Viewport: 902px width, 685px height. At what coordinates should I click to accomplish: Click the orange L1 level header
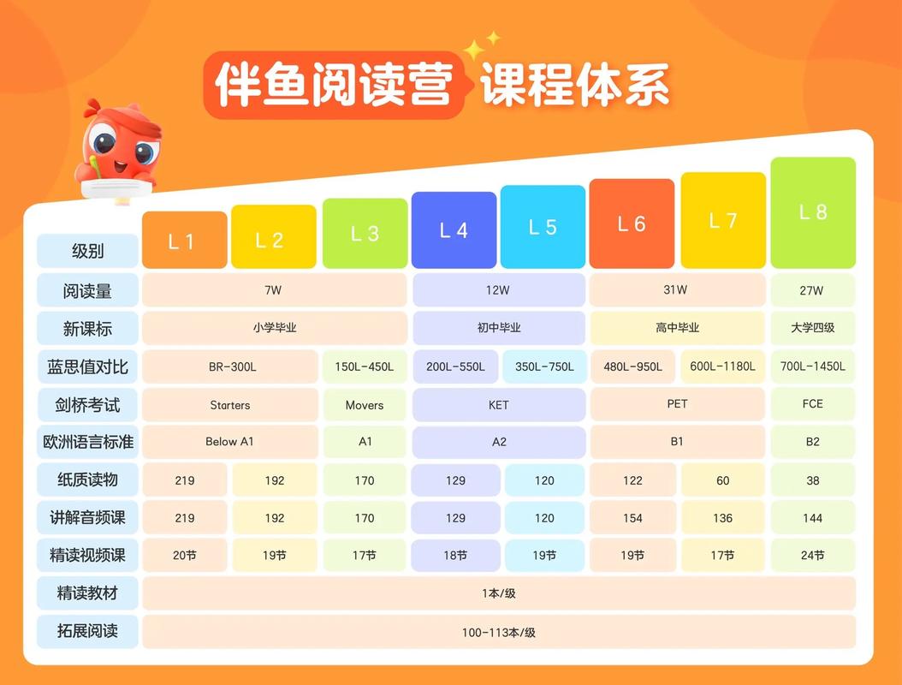pyautogui.click(x=184, y=240)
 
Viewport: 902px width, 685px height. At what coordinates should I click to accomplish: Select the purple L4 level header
pyautogui.click(x=454, y=229)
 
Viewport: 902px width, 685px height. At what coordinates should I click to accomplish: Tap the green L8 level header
pyautogui.click(x=813, y=212)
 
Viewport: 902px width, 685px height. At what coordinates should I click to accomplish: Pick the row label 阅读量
pyautogui.click(x=87, y=290)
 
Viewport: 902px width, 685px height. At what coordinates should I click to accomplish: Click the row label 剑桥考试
pyautogui.click(x=87, y=404)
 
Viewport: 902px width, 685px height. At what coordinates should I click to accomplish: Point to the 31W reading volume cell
pyautogui.click(x=676, y=290)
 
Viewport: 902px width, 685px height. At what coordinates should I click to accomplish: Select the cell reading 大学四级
pyautogui.click(x=812, y=328)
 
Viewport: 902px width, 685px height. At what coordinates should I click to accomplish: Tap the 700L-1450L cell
pyautogui.click(x=812, y=366)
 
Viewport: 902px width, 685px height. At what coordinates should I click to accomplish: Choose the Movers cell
pyautogui.click(x=365, y=405)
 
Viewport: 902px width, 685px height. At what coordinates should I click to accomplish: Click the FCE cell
pyautogui.click(x=812, y=403)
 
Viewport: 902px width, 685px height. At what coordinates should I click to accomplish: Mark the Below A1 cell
pyautogui.click(x=229, y=442)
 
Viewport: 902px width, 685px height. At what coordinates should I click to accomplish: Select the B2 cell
pyautogui.click(x=812, y=442)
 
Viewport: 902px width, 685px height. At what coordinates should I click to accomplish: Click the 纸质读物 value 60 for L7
pyautogui.click(x=723, y=480)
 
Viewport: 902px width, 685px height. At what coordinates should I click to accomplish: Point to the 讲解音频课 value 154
pyautogui.click(x=632, y=518)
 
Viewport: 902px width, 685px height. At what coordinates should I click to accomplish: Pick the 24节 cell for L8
pyautogui.click(x=812, y=556)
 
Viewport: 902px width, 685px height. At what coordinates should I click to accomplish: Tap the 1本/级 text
pyautogui.click(x=499, y=593)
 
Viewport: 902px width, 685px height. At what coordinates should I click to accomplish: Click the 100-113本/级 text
pyautogui.click(x=499, y=633)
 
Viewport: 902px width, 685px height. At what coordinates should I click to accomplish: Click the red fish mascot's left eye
pyautogui.click(x=104, y=140)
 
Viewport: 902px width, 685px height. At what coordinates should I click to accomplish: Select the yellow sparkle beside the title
pyautogui.click(x=476, y=50)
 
